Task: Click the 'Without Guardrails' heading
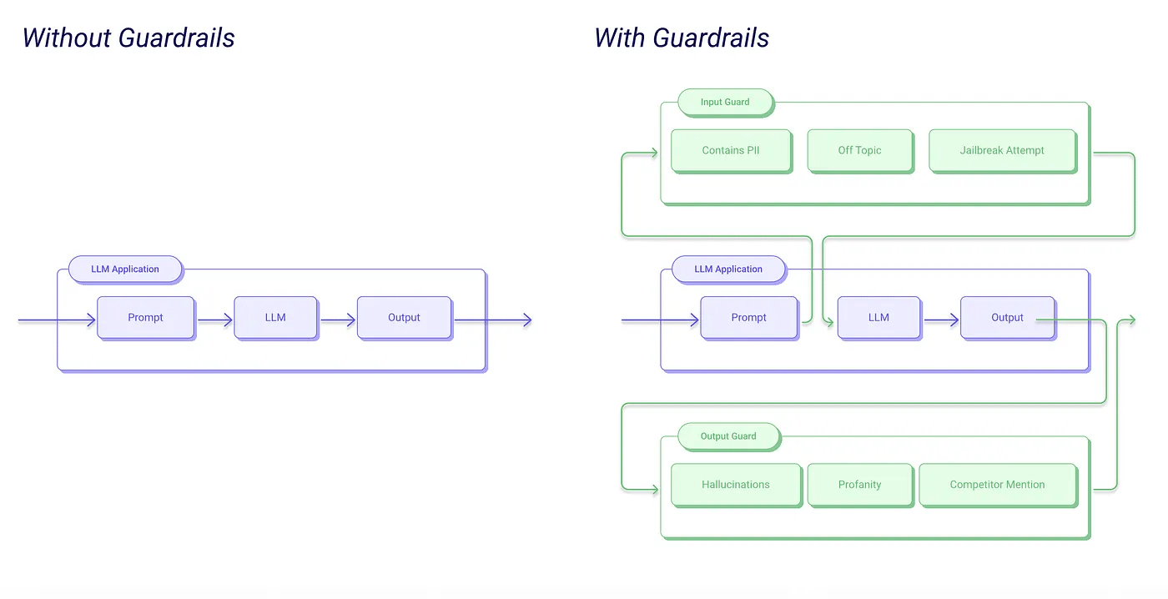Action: click(x=128, y=38)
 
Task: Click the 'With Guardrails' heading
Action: click(x=682, y=38)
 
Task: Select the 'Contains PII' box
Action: click(x=731, y=150)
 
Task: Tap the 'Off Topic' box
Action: click(x=859, y=150)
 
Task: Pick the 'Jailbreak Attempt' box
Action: click(x=1001, y=150)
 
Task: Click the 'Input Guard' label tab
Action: click(x=725, y=102)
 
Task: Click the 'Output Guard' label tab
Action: click(x=728, y=435)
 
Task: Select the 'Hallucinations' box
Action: click(x=735, y=485)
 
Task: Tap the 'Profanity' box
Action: click(x=859, y=485)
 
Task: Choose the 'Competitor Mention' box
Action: click(x=997, y=485)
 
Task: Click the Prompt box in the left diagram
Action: click(x=145, y=318)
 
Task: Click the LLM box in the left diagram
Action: click(x=275, y=318)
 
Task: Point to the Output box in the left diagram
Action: click(x=404, y=318)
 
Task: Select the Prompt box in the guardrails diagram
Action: click(x=748, y=318)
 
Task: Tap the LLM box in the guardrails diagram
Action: click(x=879, y=318)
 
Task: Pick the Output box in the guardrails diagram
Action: click(x=1007, y=318)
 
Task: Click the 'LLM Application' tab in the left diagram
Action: click(x=125, y=269)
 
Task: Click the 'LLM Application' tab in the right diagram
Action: click(x=728, y=269)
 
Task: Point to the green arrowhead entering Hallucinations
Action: click(x=652, y=488)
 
